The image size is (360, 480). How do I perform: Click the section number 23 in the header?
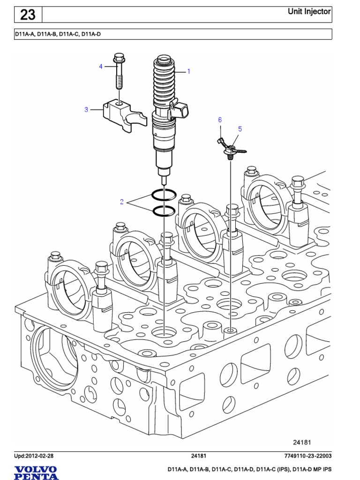[28, 15]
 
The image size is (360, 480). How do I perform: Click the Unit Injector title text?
[309, 12]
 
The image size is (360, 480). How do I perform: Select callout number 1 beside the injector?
[188, 72]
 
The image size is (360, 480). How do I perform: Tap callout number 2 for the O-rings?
[121, 202]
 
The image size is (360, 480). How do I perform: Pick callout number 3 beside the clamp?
[86, 110]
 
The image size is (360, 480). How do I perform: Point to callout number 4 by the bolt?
[100, 67]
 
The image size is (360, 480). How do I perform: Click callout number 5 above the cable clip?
[240, 128]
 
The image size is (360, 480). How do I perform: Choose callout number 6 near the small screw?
[219, 120]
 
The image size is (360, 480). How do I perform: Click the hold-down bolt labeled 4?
[119, 73]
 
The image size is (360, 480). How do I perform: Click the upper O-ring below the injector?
[164, 194]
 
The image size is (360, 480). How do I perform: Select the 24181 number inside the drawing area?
[302, 442]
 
